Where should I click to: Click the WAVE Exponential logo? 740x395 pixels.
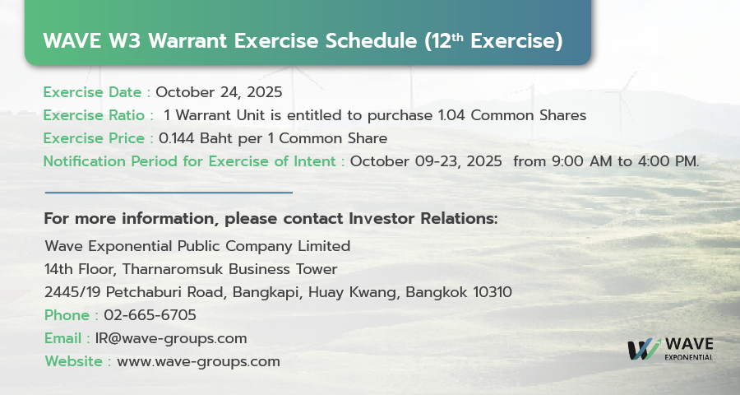pos(670,349)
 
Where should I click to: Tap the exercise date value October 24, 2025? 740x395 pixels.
pos(219,92)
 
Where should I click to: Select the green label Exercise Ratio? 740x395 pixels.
pos(94,115)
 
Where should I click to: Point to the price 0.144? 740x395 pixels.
pos(177,138)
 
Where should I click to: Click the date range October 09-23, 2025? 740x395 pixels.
pos(426,161)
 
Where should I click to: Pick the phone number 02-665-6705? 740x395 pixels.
pos(150,315)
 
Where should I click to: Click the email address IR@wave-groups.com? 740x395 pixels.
pos(171,338)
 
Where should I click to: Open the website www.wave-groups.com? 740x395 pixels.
pos(198,361)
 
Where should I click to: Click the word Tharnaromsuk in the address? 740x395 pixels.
pos(173,269)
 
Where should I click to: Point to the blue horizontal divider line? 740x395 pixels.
pos(169,193)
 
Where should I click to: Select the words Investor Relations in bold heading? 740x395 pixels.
pos(423,219)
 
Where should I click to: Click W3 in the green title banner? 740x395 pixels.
pos(125,40)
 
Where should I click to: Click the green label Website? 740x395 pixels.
pos(74,361)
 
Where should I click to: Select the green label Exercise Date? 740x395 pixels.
pos(92,92)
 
